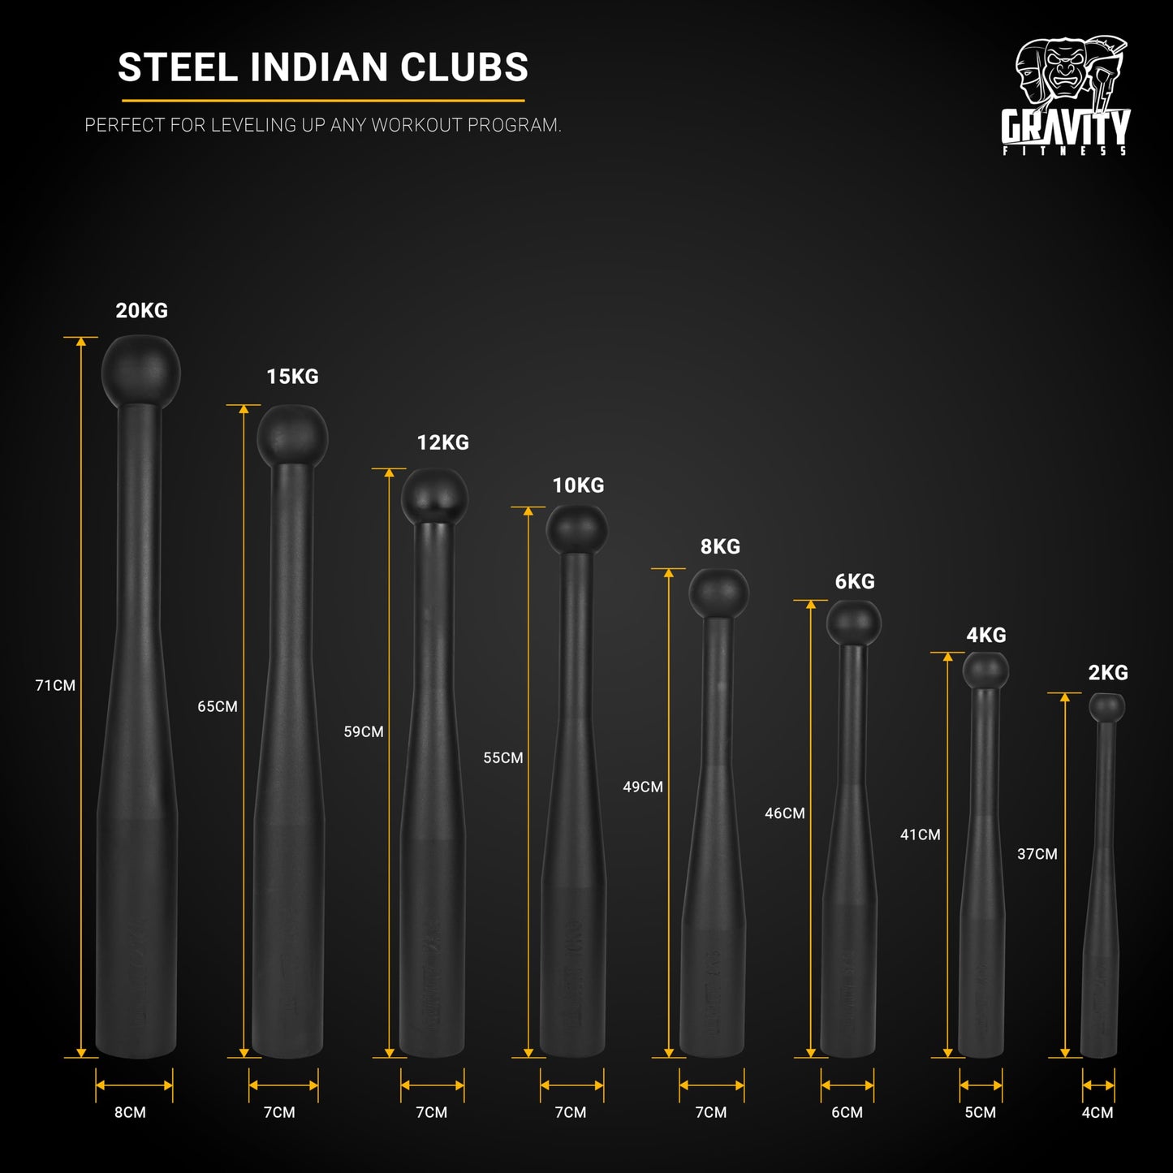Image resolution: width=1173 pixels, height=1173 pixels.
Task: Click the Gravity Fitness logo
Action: pos(1065,96)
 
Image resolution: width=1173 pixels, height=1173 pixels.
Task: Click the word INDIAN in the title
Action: pos(320,67)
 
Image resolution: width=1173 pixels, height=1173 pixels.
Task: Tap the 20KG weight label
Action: pos(141,311)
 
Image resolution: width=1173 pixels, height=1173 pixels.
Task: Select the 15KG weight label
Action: pos(292,377)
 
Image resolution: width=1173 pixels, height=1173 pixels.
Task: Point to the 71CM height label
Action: pos(55,685)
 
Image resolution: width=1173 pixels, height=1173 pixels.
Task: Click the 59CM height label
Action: pos(364,731)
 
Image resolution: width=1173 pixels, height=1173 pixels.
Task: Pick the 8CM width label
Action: pos(130,1112)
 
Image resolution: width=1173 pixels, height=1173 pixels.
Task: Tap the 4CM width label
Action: pos(1098,1112)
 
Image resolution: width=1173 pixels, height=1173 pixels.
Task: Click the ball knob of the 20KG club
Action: pos(140,373)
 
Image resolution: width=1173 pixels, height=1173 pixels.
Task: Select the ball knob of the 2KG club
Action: pos(1107,707)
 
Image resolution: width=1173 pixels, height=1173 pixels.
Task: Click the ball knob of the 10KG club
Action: pos(576,528)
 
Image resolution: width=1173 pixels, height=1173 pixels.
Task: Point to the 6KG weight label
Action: pos(855,582)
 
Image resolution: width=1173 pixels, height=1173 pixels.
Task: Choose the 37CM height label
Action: pos(1037,854)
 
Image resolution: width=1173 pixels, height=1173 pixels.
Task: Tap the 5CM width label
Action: pos(980,1112)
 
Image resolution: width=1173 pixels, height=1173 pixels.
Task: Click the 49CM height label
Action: pos(643,787)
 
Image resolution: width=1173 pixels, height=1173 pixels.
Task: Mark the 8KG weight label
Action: pos(720,547)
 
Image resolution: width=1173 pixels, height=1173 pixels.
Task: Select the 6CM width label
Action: pos(847,1112)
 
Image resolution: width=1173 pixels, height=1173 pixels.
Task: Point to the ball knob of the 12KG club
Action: pos(434,495)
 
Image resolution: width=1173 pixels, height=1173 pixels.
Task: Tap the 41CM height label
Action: pos(921,834)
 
